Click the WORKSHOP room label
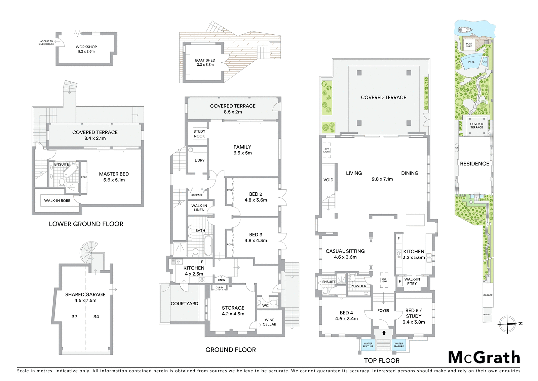pyautogui.click(x=86, y=47)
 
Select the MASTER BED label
pyautogui.click(x=114, y=174)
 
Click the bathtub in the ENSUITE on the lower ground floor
pyautogui.click(x=70, y=171)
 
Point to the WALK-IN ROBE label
pyautogui.click(x=57, y=201)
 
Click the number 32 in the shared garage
pyautogui.click(x=74, y=317)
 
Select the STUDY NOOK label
pyautogui.click(x=199, y=134)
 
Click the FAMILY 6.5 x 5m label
pyautogui.click(x=242, y=150)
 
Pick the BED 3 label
pyautogui.click(x=256, y=235)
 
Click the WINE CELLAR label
pyautogui.click(x=269, y=322)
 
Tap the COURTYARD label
pyautogui.click(x=184, y=304)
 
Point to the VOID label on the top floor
pyautogui.click(x=328, y=180)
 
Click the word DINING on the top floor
pyautogui.click(x=410, y=173)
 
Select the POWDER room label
pyautogui.click(x=358, y=286)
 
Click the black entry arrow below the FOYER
pyautogui.click(x=384, y=333)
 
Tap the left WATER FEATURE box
pyautogui.click(x=368, y=345)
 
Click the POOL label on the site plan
pyautogui.click(x=471, y=62)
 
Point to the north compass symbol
pyautogui.click(x=507, y=324)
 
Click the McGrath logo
pyautogui.click(x=484, y=357)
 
